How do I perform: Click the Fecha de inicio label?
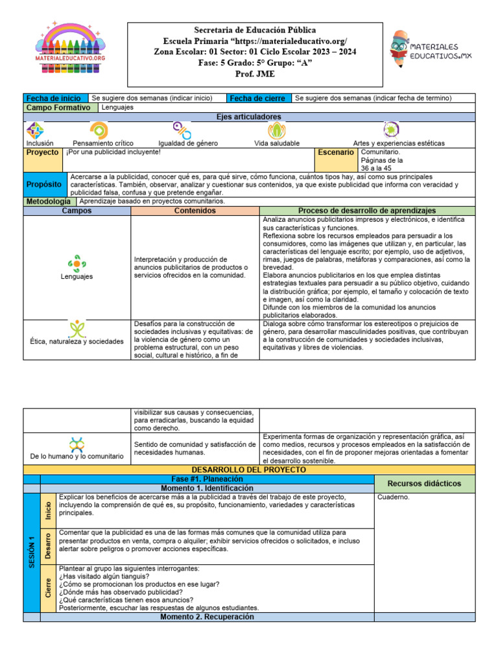pos(54,98)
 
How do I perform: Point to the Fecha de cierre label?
pos(259,98)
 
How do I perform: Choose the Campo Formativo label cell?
pos(59,108)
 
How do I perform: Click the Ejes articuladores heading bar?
pos(249,117)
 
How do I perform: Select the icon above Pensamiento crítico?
pos(99,130)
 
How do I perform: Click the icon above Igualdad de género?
pos(182,130)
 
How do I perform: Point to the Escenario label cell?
pos(336,152)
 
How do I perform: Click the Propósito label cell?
pos(45,185)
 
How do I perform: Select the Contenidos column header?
pos(195,211)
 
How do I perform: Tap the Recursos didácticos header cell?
pos(424,484)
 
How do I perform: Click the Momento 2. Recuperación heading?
pos(207,617)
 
